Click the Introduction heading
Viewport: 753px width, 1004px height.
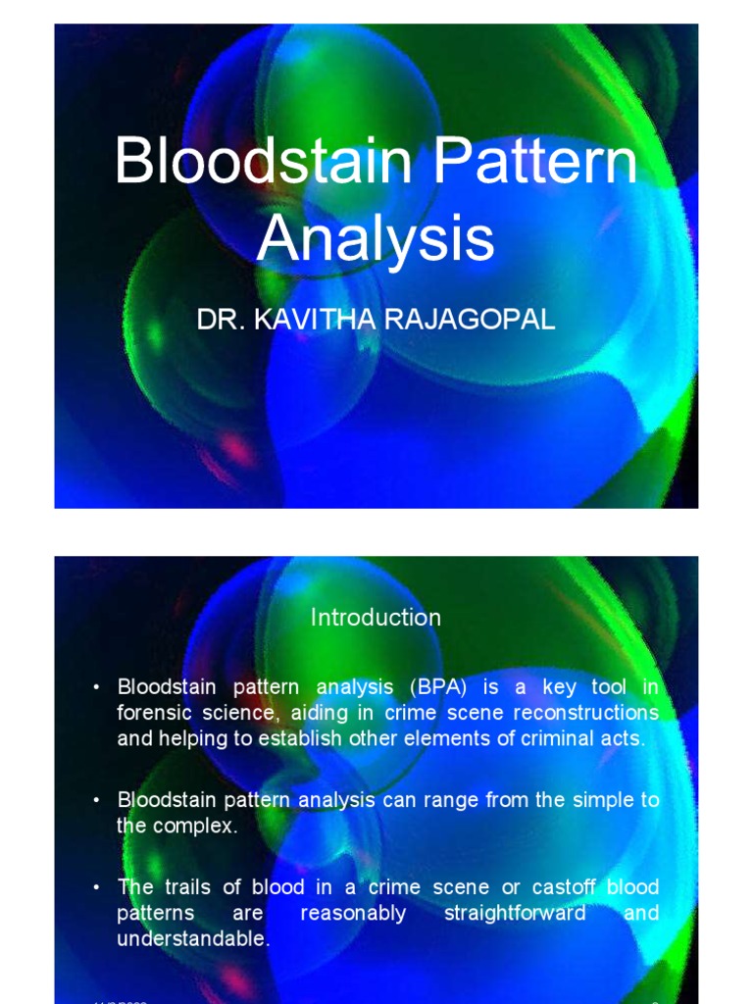click(376, 618)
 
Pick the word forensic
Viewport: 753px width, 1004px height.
click(159, 713)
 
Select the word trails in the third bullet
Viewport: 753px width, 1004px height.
click(186, 887)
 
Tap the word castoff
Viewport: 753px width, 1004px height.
click(567, 887)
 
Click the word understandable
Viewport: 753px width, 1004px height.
click(192, 938)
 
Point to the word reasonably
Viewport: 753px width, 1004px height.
click(353, 913)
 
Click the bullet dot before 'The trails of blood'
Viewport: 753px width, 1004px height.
click(97, 887)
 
